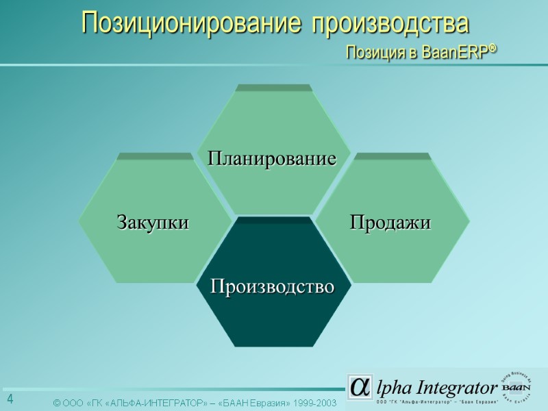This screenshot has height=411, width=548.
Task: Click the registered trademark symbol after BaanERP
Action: [x=493, y=49]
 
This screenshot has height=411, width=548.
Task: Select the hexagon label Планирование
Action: [x=272, y=159]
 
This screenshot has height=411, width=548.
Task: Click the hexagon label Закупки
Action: [x=153, y=223]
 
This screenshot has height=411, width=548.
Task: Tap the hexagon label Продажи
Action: [x=390, y=223]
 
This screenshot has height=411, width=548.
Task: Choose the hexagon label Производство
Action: [x=272, y=286]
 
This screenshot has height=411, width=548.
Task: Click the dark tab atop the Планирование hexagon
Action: [x=273, y=88]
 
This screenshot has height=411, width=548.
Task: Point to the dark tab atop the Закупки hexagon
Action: [x=155, y=156]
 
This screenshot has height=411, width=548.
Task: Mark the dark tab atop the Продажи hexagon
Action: [x=393, y=156]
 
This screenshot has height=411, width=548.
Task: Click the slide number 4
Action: [x=10, y=399]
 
